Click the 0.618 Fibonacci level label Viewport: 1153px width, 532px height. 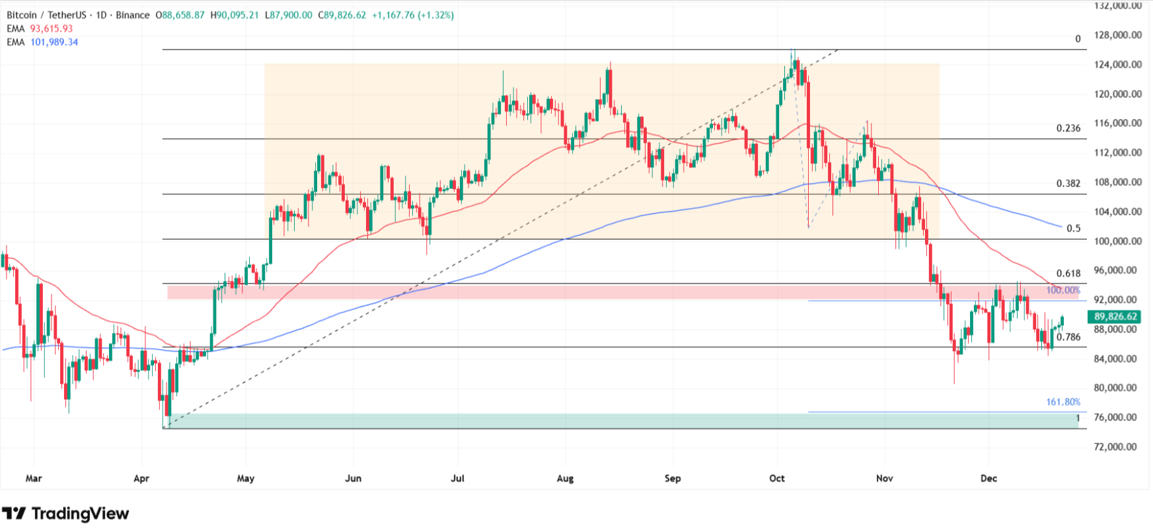(x=1068, y=273)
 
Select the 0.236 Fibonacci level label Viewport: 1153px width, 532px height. (x=1068, y=128)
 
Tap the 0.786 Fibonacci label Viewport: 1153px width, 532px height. (x=1068, y=337)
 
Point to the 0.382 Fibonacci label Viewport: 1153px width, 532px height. (x=1068, y=183)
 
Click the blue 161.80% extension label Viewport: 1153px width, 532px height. (x=1062, y=402)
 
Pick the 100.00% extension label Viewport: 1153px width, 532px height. (x=1062, y=290)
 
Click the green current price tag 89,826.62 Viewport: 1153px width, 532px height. (x=1115, y=317)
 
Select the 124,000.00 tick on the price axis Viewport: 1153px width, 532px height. (x=1117, y=65)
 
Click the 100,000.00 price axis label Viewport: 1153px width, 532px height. (x=1117, y=241)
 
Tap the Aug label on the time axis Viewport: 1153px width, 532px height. (x=565, y=478)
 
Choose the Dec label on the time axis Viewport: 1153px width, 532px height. (x=988, y=478)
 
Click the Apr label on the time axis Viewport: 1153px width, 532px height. (x=141, y=478)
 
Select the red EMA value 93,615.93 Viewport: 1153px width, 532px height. (x=52, y=28)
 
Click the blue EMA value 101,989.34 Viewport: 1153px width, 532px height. (x=54, y=42)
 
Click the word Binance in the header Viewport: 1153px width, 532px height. (x=132, y=15)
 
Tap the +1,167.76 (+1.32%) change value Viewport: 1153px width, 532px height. (x=412, y=15)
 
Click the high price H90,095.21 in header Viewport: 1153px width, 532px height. (x=235, y=15)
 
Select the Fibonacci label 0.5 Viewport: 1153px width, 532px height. (x=1074, y=228)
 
